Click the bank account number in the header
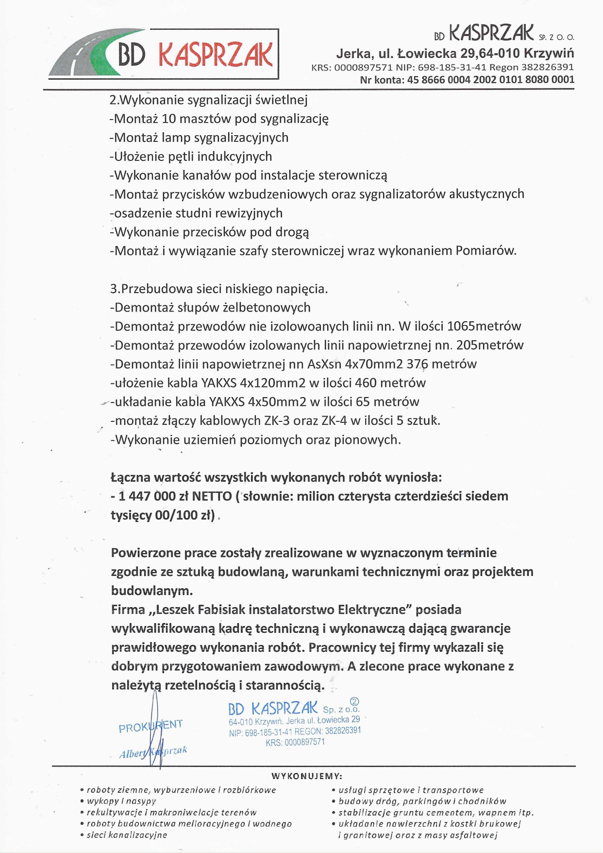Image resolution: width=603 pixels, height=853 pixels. tap(491, 80)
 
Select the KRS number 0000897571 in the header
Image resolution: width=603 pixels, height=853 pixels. tap(363, 68)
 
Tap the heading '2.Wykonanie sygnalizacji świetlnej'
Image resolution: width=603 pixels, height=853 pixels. tap(209, 100)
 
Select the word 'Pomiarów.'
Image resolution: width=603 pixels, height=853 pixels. tap(486, 251)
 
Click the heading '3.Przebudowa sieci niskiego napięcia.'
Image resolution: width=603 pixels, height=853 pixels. tap(219, 289)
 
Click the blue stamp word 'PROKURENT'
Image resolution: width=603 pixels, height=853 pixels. tap(151, 726)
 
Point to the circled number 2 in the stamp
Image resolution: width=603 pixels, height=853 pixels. tap(354, 702)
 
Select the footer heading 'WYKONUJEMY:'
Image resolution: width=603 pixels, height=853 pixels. tap(307, 776)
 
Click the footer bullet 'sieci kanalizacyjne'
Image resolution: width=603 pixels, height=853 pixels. tap(127, 835)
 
